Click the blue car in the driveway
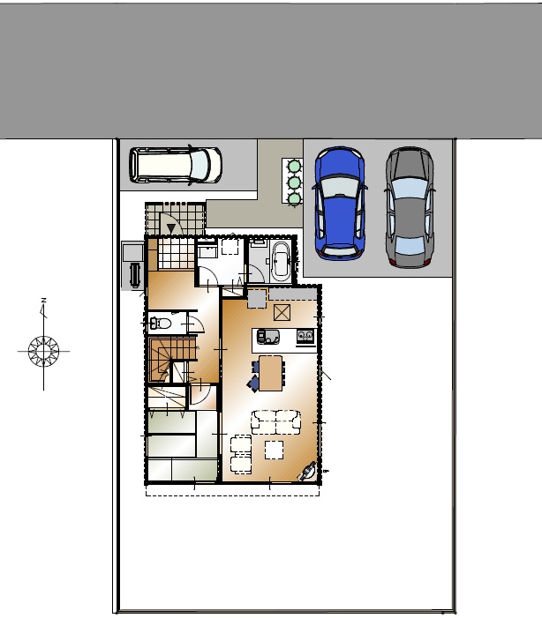tap(340, 204)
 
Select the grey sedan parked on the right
tap(410, 207)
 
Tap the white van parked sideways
tap(176, 166)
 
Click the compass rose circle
tap(43, 351)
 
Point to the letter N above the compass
tap(43, 301)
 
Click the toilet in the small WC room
tap(161, 324)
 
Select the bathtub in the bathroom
tap(281, 261)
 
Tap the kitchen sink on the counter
tap(268, 337)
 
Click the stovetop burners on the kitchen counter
tap(305, 336)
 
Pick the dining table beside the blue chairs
tap(271, 373)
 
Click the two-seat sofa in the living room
tap(276, 422)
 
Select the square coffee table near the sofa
tap(274, 450)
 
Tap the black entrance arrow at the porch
tap(171, 228)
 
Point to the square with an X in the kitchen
tap(282, 313)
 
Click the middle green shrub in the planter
tap(294, 182)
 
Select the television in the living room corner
tap(307, 472)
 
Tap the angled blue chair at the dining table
tap(253, 383)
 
